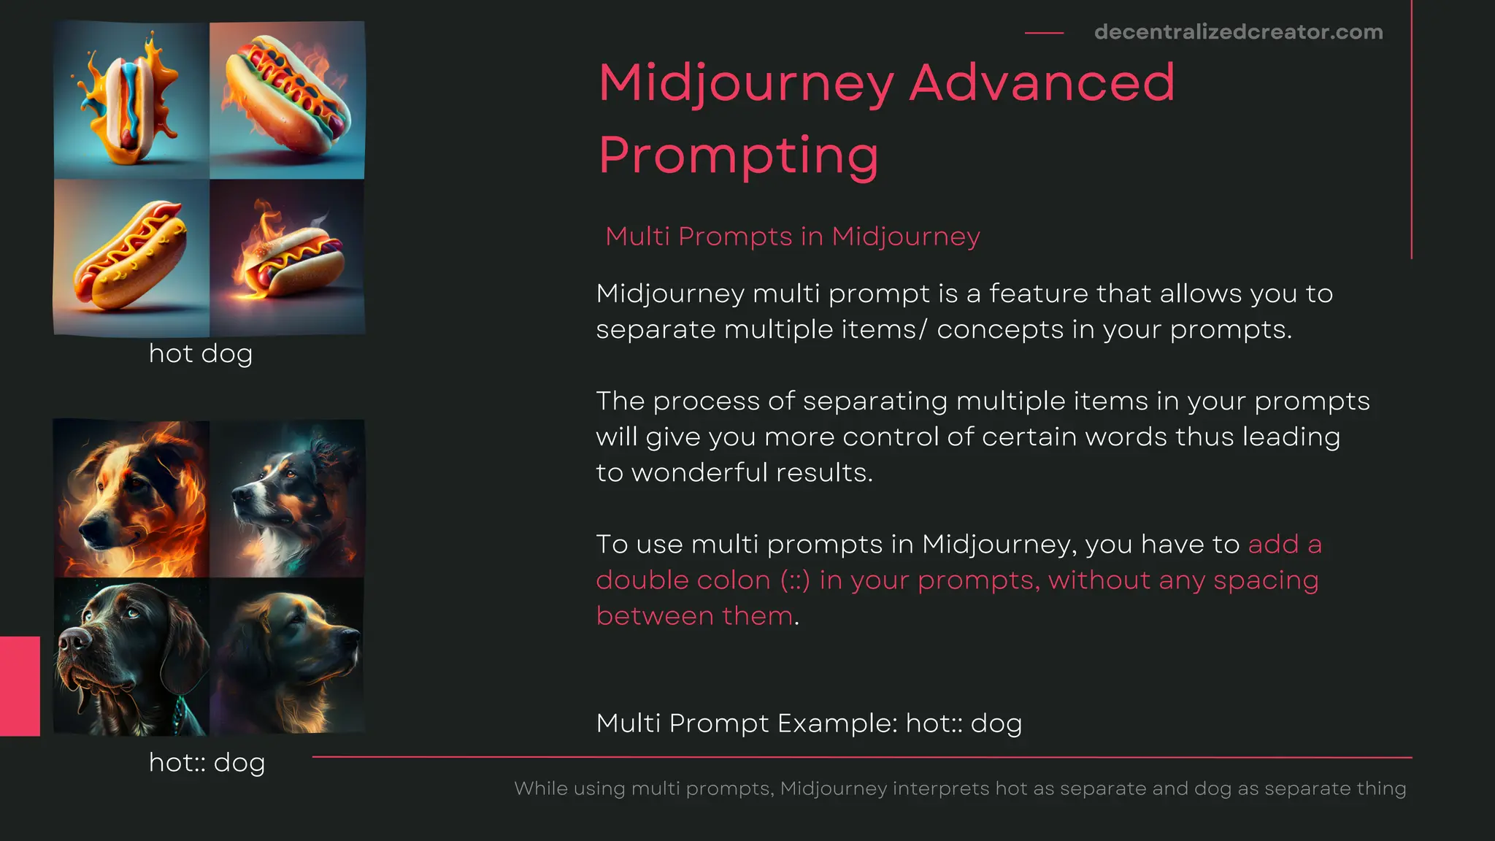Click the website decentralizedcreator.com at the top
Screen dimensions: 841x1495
(x=1238, y=32)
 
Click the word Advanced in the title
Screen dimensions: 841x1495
(x=1042, y=82)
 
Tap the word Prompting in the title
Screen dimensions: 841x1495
(x=738, y=155)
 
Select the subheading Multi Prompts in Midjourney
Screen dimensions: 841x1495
(x=792, y=237)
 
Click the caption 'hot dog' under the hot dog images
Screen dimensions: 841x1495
(x=201, y=354)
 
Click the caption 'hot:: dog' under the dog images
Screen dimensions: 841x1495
(x=207, y=763)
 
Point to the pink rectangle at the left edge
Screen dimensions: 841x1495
(x=20, y=686)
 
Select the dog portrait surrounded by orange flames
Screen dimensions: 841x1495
(x=131, y=499)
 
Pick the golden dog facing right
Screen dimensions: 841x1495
(x=292, y=657)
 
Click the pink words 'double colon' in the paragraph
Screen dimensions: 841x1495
(x=683, y=580)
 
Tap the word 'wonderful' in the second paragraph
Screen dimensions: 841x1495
(x=699, y=473)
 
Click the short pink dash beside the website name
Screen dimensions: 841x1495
(x=1044, y=33)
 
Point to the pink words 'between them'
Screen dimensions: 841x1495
(x=694, y=616)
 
